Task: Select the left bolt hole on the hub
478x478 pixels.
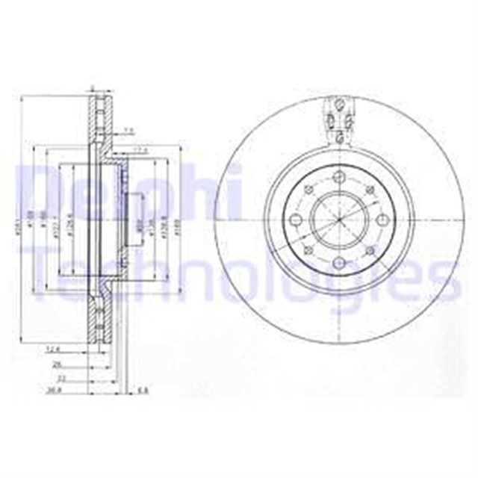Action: click(x=296, y=220)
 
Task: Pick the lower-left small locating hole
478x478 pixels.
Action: click(x=308, y=251)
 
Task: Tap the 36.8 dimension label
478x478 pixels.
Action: click(x=52, y=389)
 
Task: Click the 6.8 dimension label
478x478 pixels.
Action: click(x=144, y=389)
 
